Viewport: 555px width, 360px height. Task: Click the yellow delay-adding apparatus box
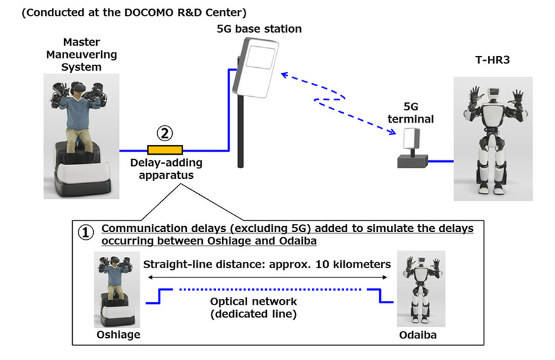pos(165,150)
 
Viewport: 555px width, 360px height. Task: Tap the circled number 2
pos(165,132)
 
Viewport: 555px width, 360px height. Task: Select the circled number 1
pos(86,233)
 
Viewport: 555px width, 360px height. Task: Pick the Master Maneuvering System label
pos(90,54)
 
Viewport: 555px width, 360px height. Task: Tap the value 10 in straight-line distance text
pos(337,264)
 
